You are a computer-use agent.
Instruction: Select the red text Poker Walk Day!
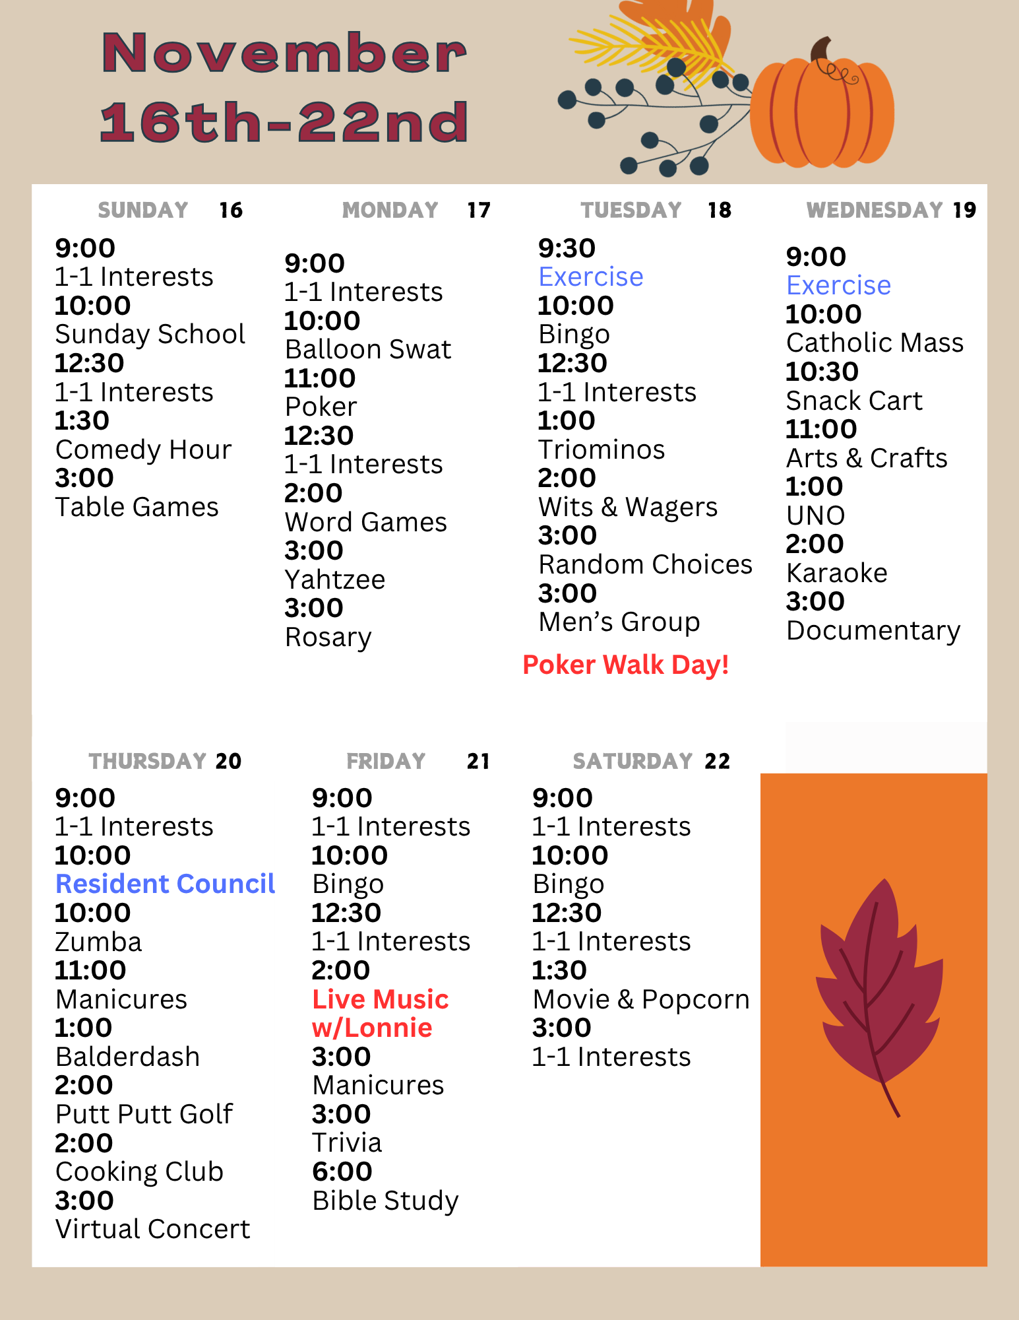625,665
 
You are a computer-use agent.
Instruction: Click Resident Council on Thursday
165,884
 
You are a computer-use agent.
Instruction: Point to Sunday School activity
150,334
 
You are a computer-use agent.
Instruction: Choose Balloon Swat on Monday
368,349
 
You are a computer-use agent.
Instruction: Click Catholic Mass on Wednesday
875,343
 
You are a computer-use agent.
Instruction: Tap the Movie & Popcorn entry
640,999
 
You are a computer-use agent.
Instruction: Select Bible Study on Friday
385,1201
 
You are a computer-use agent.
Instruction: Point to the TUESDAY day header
631,210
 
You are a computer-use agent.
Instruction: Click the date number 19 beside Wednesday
964,210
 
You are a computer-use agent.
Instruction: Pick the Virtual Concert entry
152,1229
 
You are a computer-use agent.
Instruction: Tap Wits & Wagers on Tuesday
627,507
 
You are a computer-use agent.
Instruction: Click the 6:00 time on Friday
342,1171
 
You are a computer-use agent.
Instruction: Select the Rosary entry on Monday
328,637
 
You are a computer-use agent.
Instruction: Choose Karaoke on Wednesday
836,573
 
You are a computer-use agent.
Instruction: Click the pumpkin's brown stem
821,50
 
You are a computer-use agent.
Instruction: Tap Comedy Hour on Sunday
143,449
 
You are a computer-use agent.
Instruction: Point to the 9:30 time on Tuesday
567,248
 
